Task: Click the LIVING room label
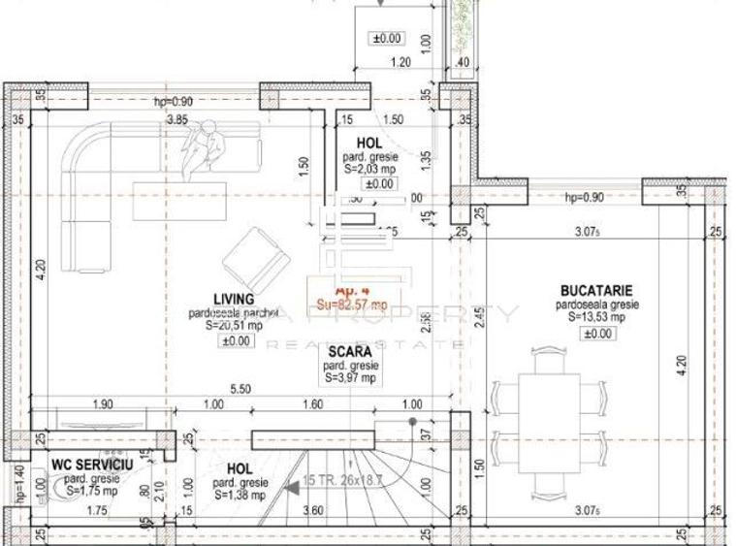234,300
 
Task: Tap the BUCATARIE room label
596,290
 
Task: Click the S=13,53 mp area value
595,317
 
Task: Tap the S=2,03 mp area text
368,169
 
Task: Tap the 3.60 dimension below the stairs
313,511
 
